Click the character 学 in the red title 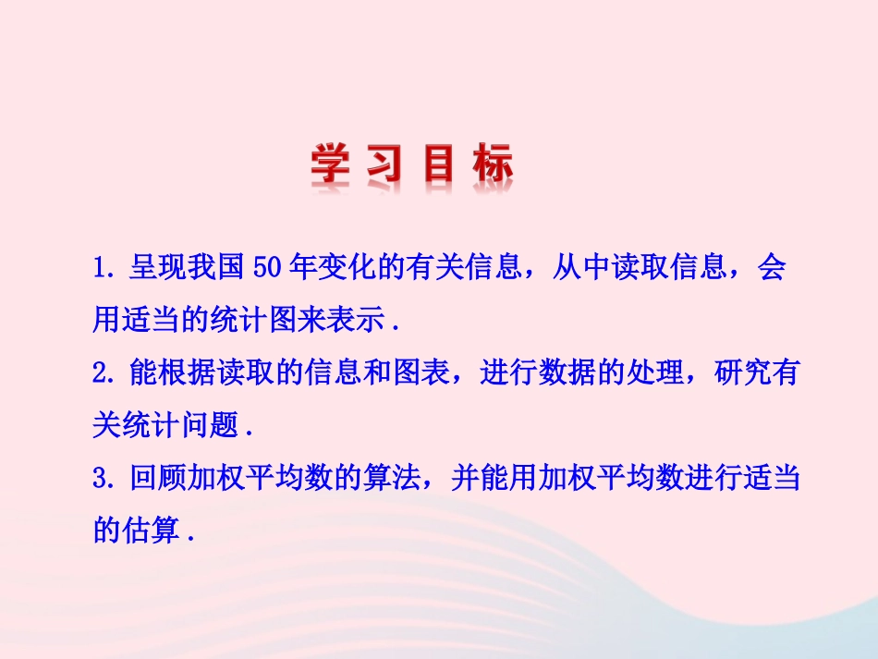tap(332, 166)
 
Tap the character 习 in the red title tap(380, 166)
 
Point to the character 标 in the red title tap(489, 166)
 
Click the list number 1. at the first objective tap(104, 269)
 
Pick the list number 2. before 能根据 tap(104, 374)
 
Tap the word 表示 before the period tap(360, 321)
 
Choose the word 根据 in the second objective tap(184, 374)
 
